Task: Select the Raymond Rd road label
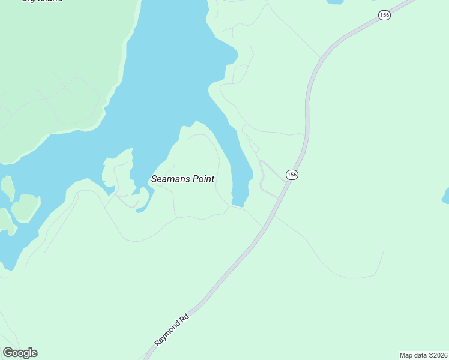(172, 329)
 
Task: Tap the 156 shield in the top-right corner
(385, 16)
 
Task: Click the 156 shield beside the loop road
(292, 175)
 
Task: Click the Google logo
(20, 353)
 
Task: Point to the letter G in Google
(8, 353)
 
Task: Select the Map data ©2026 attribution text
(424, 355)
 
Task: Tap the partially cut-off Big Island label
(42, 2)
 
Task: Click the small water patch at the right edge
(446, 196)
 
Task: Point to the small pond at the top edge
(335, 2)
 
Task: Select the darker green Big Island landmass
(54, 66)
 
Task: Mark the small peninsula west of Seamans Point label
(117, 174)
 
